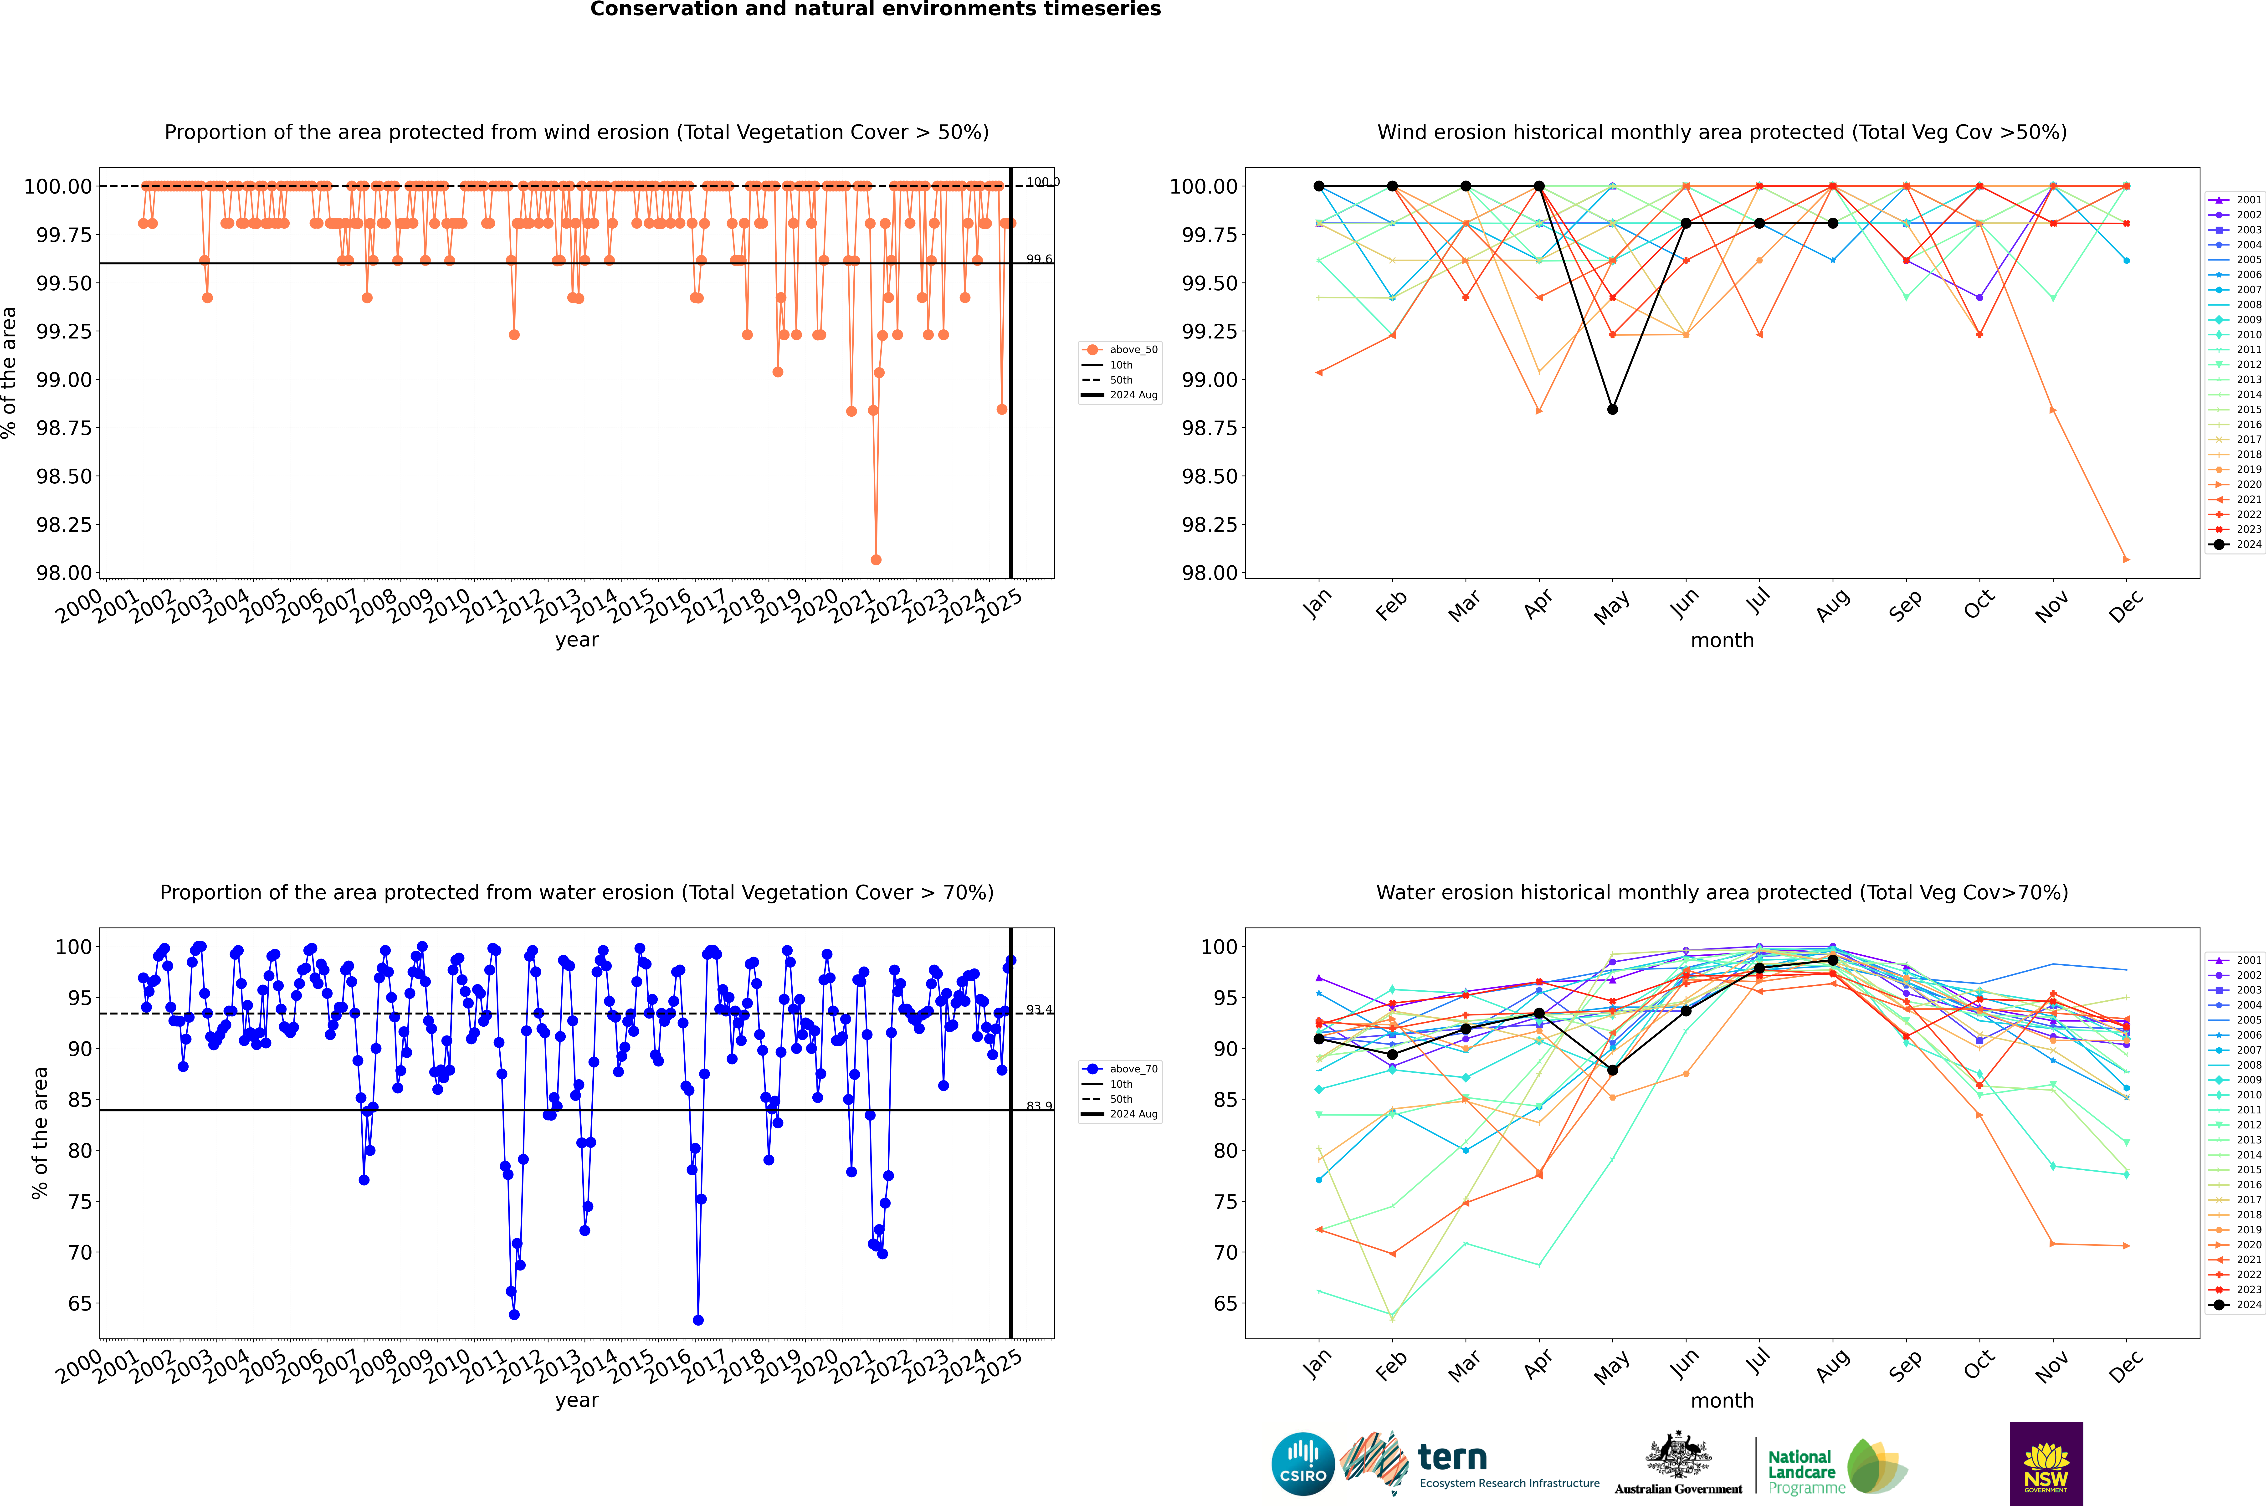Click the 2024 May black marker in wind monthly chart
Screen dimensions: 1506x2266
coord(1612,409)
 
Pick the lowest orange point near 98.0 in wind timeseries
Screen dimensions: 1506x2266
coord(875,559)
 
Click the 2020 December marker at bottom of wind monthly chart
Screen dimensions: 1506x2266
coord(2126,559)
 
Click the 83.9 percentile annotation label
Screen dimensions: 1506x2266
coord(1038,1106)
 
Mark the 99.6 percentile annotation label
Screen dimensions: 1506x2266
coord(1038,259)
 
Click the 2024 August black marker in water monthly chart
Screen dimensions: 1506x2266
coord(1832,959)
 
